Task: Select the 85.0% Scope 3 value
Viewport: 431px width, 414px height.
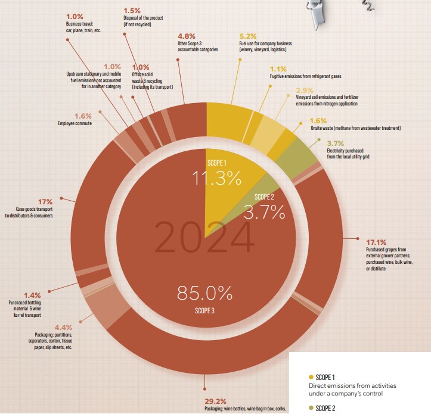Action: coord(204,293)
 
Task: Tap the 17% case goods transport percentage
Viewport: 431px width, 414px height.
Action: coord(28,201)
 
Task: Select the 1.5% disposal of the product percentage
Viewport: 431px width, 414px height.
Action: coord(131,11)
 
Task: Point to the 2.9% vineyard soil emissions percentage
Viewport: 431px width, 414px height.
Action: coord(304,89)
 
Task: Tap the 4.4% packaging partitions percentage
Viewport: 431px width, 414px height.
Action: coord(63,327)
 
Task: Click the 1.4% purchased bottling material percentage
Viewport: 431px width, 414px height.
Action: coord(32,295)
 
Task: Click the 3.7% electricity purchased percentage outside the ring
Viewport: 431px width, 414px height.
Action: coord(336,144)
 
